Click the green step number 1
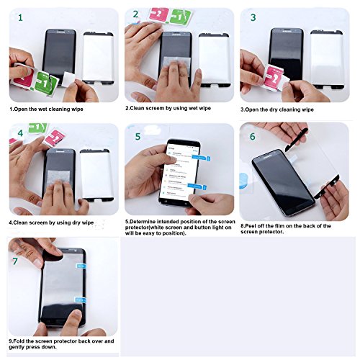[x=20, y=18]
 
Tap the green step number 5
[x=138, y=136]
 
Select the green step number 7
[x=15, y=261]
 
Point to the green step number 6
[x=253, y=137]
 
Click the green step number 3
[x=253, y=17]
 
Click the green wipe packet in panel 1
[x=46, y=83]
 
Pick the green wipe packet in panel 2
[x=181, y=17]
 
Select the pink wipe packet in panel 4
[x=55, y=138]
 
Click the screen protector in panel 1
[x=99, y=58]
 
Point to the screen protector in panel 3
[x=327, y=59]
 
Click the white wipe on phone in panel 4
[x=58, y=178]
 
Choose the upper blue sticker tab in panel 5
[x=201, y=158]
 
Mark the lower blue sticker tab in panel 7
[x=81, y=300]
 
